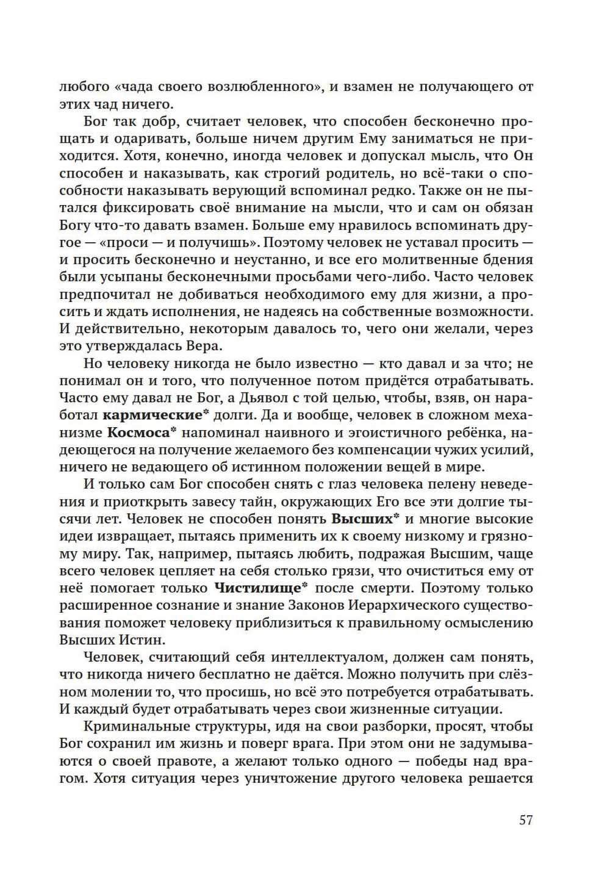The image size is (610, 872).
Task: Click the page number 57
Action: [526, 820]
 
